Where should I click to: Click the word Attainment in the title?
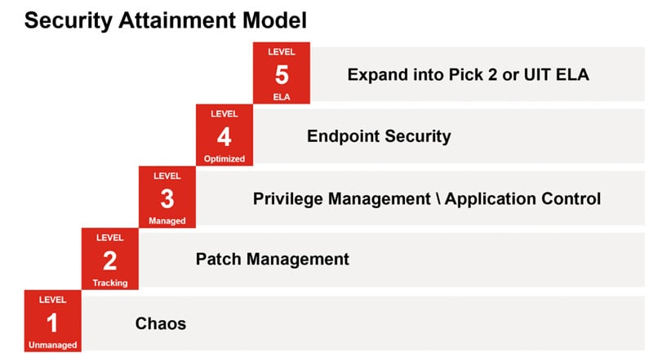tap(177, 20)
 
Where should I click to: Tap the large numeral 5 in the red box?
tap(282, 74)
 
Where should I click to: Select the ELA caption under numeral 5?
tap(282, 97)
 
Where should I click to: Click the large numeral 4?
tap(224, 136)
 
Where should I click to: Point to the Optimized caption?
tap(224, 158)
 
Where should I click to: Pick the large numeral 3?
tap(167, 198)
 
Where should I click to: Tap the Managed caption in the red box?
tap(167, 221)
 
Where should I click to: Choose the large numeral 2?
tap(110, 261)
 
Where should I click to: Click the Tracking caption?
tap(110, 283)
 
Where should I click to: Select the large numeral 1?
tap(52, 323)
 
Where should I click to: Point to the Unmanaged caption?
tap(52, 345)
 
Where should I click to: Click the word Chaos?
tap(160, 323)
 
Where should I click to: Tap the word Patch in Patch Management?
tap(218, 259)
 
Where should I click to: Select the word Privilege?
tap(288, 198)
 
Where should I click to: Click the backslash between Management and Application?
tap(438, 198)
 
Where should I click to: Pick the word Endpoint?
tap(343, 136)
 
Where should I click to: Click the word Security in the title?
tap(69, 20)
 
